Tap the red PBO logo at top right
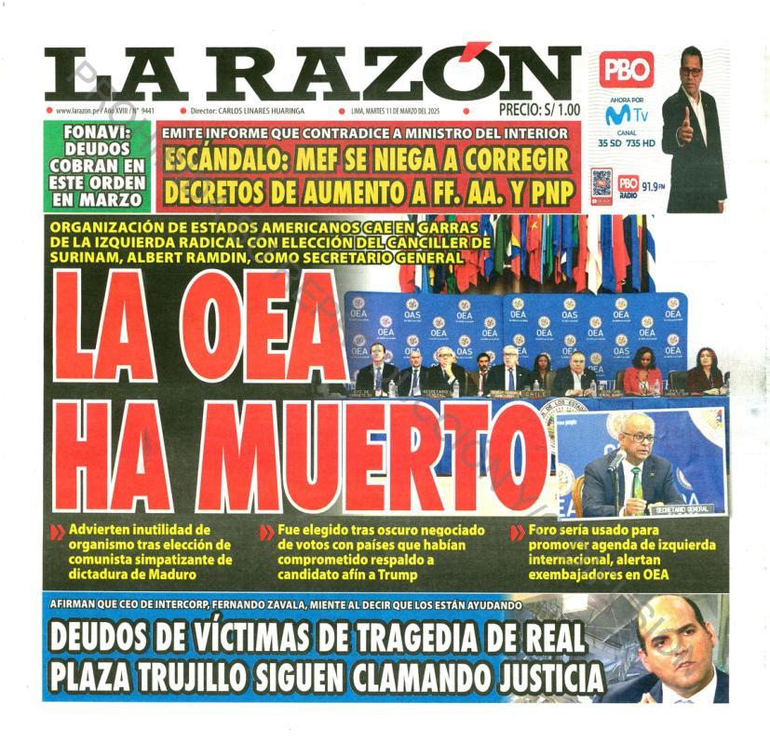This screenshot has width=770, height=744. pos(626,71)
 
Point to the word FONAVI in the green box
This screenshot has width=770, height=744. pos(97,132)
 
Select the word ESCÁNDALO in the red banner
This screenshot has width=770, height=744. pos(231,159)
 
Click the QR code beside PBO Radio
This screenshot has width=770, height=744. pos(601,183)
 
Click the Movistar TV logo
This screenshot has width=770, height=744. pos(626,116)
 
